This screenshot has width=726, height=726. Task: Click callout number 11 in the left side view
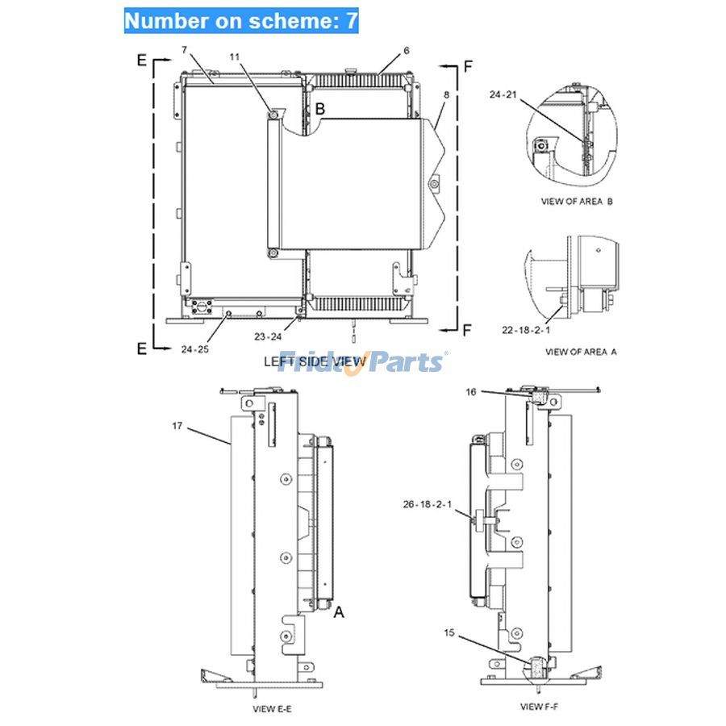click(x=235, y=57)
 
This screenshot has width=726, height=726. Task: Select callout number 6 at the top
click(x=407, y=51)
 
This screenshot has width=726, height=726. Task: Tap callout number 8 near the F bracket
click(x=446, y=95)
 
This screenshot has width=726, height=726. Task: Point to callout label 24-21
click(x=503, y=94)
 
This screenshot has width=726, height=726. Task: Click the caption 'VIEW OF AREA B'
click(x=576, y=201)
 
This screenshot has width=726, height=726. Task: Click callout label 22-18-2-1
click(x=525, y=329)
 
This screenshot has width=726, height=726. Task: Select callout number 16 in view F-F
click(x=470, y=392)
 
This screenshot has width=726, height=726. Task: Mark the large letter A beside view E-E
click(x=340, y=612)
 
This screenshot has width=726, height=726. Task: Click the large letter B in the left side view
click(x=319, y=108)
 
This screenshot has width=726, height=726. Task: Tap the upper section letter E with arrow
click(x=142, y=59)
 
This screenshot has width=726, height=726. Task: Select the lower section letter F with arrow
click(x=467, y=328)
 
